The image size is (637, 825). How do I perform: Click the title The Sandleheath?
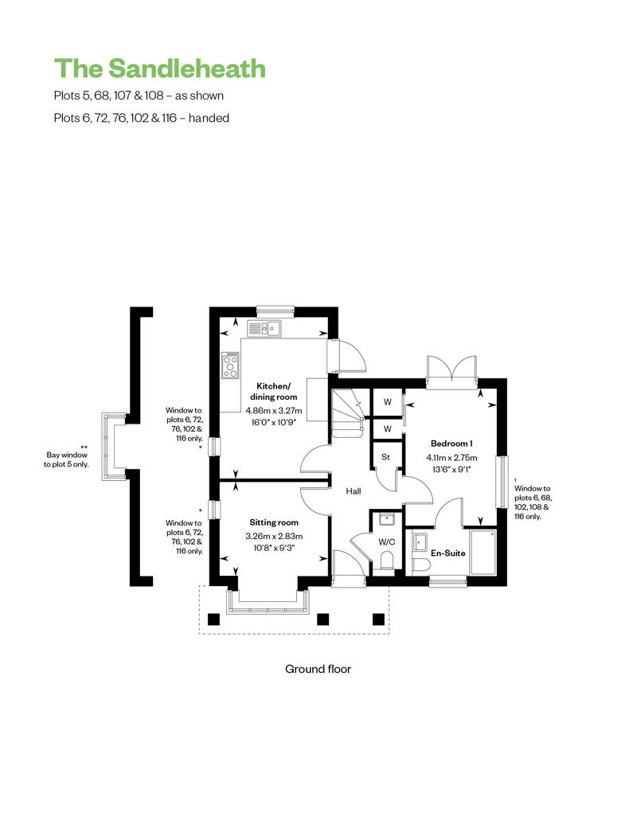pyautogui.click(x=160, y=69)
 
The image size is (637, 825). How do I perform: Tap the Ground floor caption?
pyautogui.click(x=318, y=669)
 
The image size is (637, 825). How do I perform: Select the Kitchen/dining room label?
pyautogui.click(x=274, y=392)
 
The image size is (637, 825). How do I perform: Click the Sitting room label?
pyautogui.click(x=274, y=522)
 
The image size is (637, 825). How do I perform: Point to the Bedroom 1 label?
pyautogui.click(x=451, y=444)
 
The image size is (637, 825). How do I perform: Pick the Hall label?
pyautogui.click(x=354, y=491)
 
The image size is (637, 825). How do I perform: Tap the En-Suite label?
pyautogui.click(x=448, y=553)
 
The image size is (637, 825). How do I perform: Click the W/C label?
pyautogui.click(x=387, y=542)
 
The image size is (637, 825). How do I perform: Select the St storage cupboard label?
pyautogui.click(x=386, y=457)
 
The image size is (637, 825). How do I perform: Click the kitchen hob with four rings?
pyautogui.click(x=230, y=366)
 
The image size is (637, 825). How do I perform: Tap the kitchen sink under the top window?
pyautogui.click(x=264, y=329)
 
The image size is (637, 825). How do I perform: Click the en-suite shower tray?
pyautogui.click(x=483, y=553)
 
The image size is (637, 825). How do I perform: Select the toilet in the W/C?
pyautogui.click(x=387, y=561)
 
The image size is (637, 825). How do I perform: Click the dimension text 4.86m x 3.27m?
pyautogui.click(x=274, y=410)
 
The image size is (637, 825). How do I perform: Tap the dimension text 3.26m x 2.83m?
pyautogui.click(x=274, y=536)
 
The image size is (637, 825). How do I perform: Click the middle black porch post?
pyautogui.click(x=323, y=620)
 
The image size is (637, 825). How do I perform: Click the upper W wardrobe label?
pyautogui.click(x=388, y=402)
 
